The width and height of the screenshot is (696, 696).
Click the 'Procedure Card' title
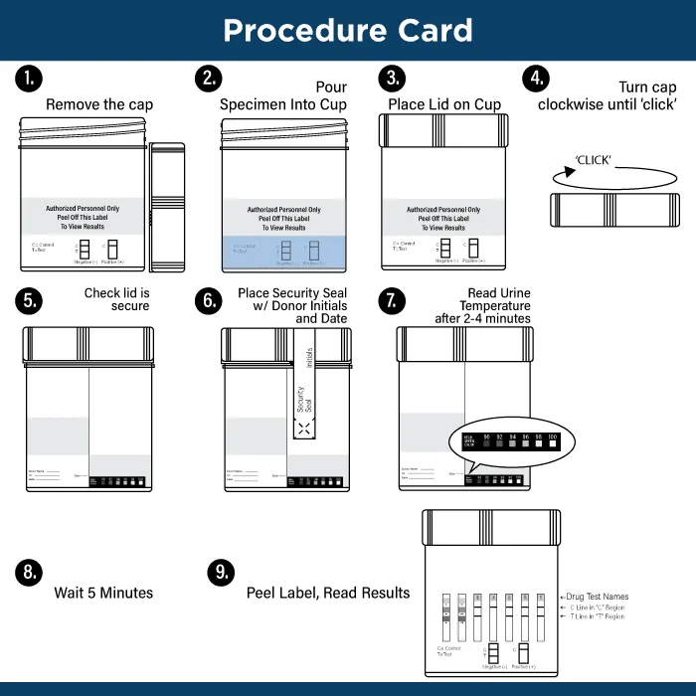[347, 31]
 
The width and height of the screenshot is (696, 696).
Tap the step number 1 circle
[29, 79]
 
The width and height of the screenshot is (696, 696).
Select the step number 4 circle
[537, 79]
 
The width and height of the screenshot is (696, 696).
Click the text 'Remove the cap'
[99, 104]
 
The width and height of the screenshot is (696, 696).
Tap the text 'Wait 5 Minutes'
[103, 593]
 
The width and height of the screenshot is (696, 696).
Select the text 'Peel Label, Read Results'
[328, 593]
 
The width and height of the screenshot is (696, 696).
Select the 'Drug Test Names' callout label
[596, 597]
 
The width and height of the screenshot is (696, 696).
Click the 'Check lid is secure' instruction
[116, 299]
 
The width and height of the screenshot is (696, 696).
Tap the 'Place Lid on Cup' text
[444, 104]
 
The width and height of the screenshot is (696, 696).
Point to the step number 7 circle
[394, 301]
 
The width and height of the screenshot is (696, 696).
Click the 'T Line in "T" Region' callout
[594, 616]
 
